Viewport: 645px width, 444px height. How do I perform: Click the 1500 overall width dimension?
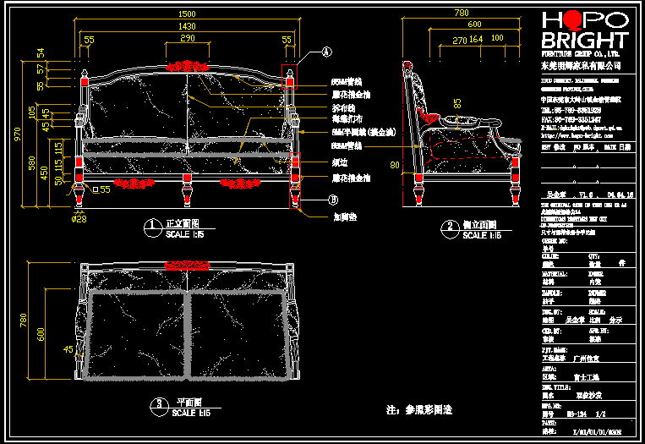point(186,14)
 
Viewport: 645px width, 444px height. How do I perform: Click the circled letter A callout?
point(325,52)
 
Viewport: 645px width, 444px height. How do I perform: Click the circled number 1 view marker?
point(152,226)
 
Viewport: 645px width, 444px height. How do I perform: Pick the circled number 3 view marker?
point(157,405)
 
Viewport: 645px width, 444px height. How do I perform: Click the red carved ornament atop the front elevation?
point(188,64)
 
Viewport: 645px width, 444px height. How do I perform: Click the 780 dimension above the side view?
point(461,14)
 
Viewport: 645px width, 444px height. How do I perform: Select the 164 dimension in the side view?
point(476,40)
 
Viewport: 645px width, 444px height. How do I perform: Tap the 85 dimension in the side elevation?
point(457,103)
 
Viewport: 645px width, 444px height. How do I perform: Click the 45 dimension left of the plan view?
point(68,348)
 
